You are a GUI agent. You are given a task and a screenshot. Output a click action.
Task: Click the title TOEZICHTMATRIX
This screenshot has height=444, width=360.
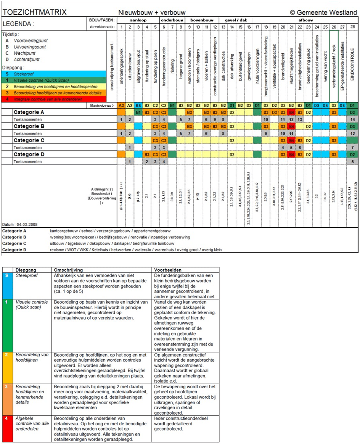(x=35, y=12)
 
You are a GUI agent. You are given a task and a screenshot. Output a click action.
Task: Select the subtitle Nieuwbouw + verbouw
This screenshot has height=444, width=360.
(x=152, y=13)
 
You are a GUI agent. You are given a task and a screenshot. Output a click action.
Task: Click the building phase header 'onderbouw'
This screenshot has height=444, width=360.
(x=172, y=19)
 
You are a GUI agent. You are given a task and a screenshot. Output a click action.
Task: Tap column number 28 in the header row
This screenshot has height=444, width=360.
(x=353, y=27)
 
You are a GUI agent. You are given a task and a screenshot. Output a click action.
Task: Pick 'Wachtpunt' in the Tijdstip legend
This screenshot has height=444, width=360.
(x=25, y=53)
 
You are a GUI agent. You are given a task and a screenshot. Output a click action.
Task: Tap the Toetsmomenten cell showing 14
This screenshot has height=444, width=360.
(x=353, y=119)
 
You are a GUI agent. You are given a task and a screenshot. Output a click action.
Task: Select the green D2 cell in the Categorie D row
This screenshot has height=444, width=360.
(x=353, y=154)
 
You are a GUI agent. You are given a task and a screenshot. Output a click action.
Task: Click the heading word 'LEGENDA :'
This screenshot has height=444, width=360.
(x=18, y=24)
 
